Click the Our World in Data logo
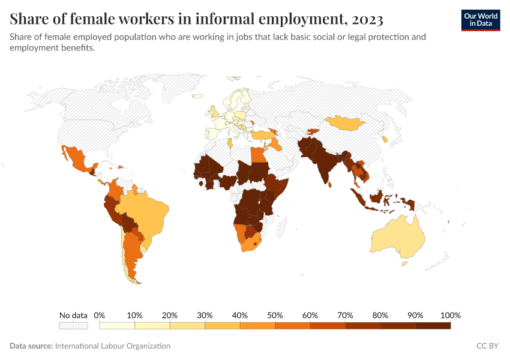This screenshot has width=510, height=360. tap(480, 20)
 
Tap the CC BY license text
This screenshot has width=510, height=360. tap(488, 346)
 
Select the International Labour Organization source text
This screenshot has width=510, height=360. tap(112, 346)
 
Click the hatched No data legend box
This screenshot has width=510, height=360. tap(73, 326)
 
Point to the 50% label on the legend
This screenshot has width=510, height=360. tap(275, 316)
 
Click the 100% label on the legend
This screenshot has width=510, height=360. tap(450, 316)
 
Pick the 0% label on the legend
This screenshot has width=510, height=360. tap(100, 316)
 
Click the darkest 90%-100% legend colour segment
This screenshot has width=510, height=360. tap(433, 326)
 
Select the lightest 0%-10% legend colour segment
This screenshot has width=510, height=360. tap(117, 326)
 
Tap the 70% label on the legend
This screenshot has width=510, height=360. tap(345, 316)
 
